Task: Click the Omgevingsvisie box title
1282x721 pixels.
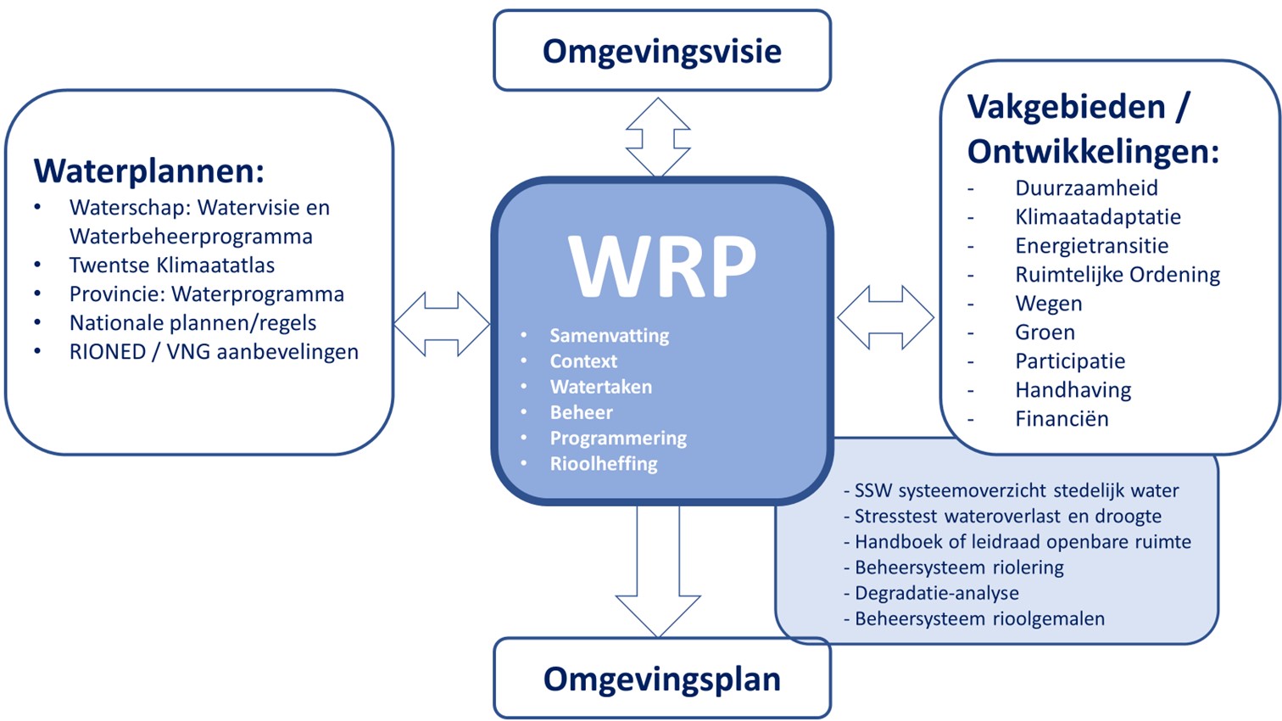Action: click(x=661, y=51)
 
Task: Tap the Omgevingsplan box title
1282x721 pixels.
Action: click(x=661, y=679)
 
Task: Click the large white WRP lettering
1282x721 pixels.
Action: click(x=662, y=265)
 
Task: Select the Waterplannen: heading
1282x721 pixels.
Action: click(x=149, y=170)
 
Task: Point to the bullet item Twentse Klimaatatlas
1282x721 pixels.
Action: click(x=172, y=265)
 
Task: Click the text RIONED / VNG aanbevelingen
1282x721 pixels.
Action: click(x=214, y=352)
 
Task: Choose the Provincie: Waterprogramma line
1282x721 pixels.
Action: click(x=207, y=294)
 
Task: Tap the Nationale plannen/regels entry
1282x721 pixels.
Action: click(x=192, y=323)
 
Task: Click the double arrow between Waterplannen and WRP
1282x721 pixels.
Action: click(x=442, y=324)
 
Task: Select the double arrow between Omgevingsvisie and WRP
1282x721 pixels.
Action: click(x=658, y=137)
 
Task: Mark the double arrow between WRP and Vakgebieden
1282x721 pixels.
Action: click(x=885, y=318)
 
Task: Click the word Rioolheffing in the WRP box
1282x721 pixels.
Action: click(x=604, y=464)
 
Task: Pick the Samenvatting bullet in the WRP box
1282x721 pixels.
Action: click(x=609, y=336)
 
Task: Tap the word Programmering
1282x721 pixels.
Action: click(x=618, y=439)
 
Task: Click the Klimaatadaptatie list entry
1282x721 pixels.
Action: click(x=1098, y=217)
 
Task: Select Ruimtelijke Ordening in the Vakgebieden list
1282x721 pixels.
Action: click(x=1118, y=275)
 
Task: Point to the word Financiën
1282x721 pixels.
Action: click(x=1062, y=419)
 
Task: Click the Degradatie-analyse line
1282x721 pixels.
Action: click(x=936, y=593)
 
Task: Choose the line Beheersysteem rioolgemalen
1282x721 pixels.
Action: click(x=979, y=619)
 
